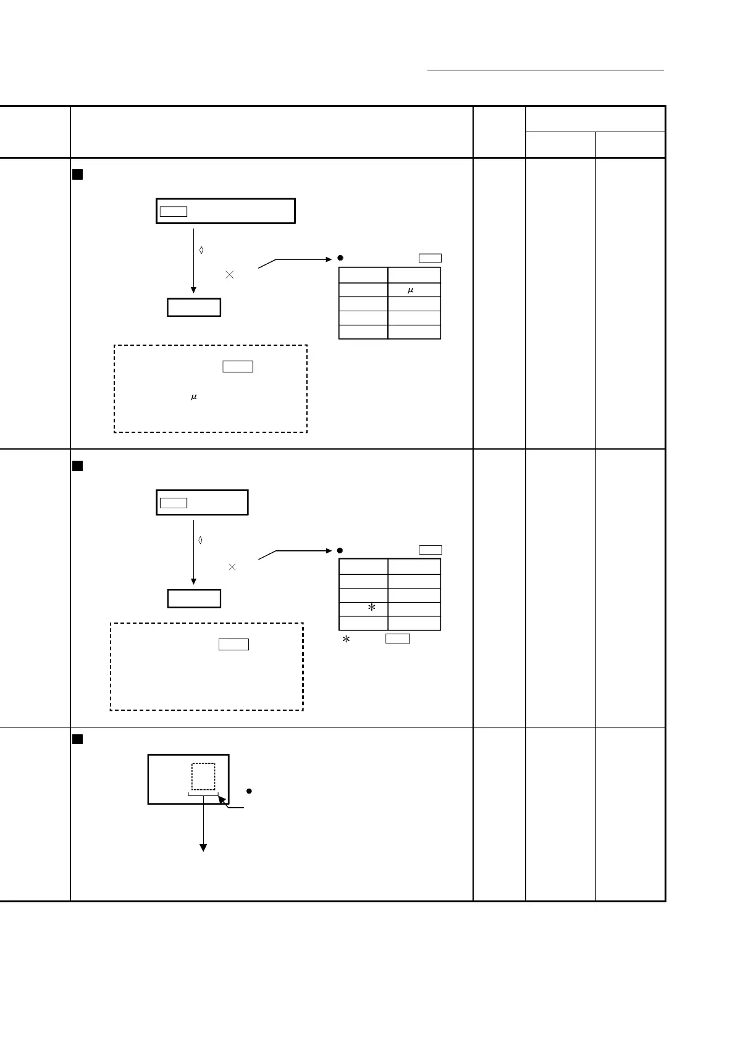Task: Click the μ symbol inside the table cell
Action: (410, 290)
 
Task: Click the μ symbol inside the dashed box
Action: (193, 397)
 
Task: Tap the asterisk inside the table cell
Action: (372, 608)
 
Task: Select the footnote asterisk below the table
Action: (346, 640)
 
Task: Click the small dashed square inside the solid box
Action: (203, 776)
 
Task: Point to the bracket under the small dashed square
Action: (203, 795)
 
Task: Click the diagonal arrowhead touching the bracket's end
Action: (220, 800)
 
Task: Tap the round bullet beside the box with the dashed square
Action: (249, 791)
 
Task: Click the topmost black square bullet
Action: (77, 175)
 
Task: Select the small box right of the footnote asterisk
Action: (398, 639)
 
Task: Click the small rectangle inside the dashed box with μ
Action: (238, 366)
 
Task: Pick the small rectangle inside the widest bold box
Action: (174, 212)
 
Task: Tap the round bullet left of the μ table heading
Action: (340, 258)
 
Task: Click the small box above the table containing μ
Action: (430, 258)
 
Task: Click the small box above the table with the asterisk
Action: (430, 550)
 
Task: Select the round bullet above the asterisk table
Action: (340, 550)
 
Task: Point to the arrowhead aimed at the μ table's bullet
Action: (329, 259)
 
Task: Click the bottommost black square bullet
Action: (77, 739)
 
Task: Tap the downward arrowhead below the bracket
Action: (203, 847)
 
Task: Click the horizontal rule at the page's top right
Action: (545, 70)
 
